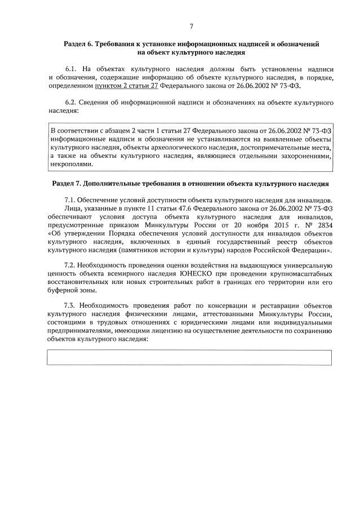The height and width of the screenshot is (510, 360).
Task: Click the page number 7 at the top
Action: pyautogui.click(x=191, y=26)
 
